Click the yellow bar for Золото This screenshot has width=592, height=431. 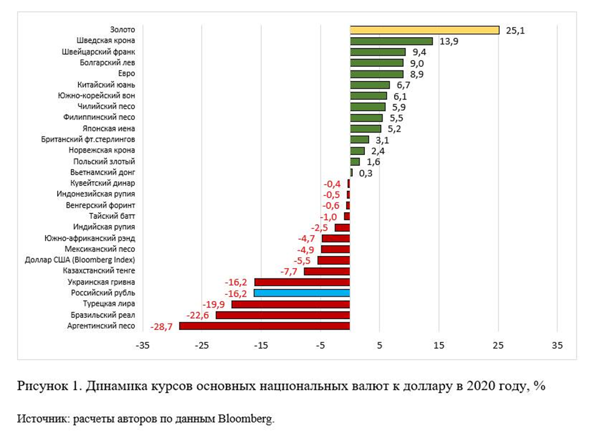424,30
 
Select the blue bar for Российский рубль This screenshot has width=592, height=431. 301,293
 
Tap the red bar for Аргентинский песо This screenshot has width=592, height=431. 264,326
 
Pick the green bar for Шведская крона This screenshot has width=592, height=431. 391,41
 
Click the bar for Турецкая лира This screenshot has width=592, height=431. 290,304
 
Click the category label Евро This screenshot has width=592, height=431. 126,74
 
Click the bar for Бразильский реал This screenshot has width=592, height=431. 282,315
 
